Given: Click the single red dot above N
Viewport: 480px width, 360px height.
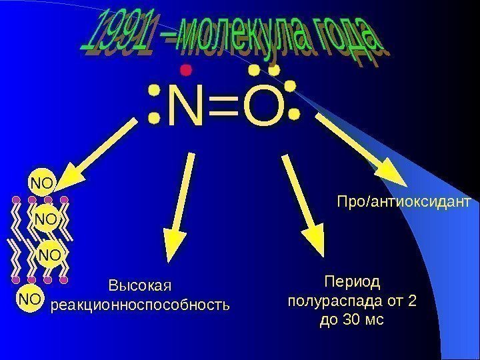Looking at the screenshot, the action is (186, 69).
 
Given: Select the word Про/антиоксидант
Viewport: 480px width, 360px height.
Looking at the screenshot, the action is (404, 201).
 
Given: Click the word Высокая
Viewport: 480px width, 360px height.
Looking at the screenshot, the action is (140, 286).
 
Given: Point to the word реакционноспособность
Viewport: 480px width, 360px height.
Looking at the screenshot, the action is (140, 305).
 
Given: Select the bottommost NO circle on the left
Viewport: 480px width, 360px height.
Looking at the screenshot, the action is (29, 299).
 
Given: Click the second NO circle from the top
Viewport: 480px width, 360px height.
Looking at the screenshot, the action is (47, 219).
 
